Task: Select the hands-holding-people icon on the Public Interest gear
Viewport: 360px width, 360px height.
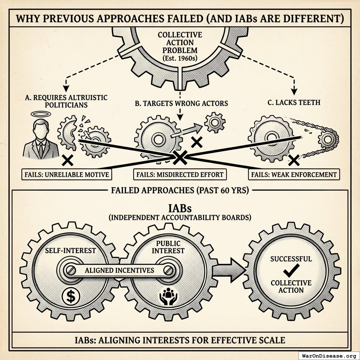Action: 167,296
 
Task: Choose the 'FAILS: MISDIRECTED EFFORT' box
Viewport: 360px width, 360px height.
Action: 180,174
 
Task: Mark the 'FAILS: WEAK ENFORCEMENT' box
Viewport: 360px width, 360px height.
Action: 294,174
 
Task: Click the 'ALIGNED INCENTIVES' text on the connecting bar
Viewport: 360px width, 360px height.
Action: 120,270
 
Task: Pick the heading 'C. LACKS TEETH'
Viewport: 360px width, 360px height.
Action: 294,102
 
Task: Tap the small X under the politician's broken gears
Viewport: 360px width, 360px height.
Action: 67,161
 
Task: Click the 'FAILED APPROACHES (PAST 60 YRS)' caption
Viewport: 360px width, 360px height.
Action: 180,191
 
